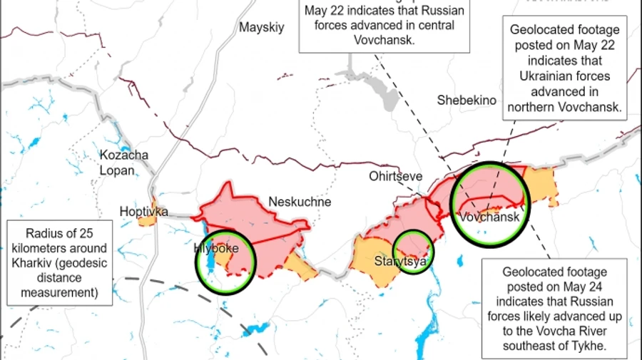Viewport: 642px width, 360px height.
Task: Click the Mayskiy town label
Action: (x=262, y=28)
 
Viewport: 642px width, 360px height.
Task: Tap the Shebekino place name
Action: (x=467, y=101)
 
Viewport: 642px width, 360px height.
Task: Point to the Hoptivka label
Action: (x=143, y=212)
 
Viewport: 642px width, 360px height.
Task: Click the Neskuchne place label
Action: (x=300, y=202)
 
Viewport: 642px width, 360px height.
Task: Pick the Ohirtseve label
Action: (x=396, y=175)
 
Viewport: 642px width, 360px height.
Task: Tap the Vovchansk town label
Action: (x=489, y=217)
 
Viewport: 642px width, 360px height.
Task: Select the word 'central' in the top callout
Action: (x=428, y=27)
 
